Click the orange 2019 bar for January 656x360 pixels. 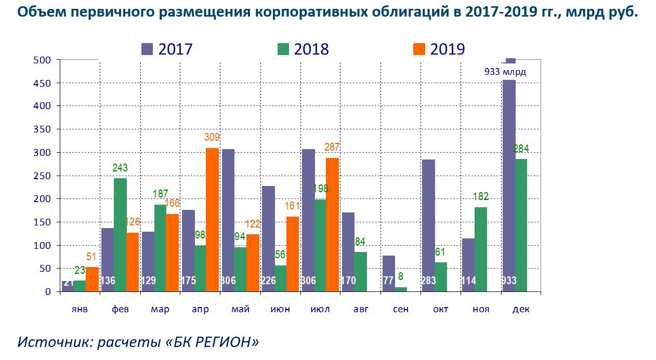[92, 279]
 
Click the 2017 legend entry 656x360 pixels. [167, 49]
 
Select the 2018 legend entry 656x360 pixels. [304, 49]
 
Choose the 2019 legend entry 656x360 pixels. [439, 49]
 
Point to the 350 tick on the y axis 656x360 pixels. [44, 129]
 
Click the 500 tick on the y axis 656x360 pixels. [44, 60]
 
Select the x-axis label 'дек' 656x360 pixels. [521, 310]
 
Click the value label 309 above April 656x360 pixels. [212, 138]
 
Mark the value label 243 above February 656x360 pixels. [120, 168]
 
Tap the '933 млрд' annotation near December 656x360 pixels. [505, 72]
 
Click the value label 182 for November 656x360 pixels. [480, 196]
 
